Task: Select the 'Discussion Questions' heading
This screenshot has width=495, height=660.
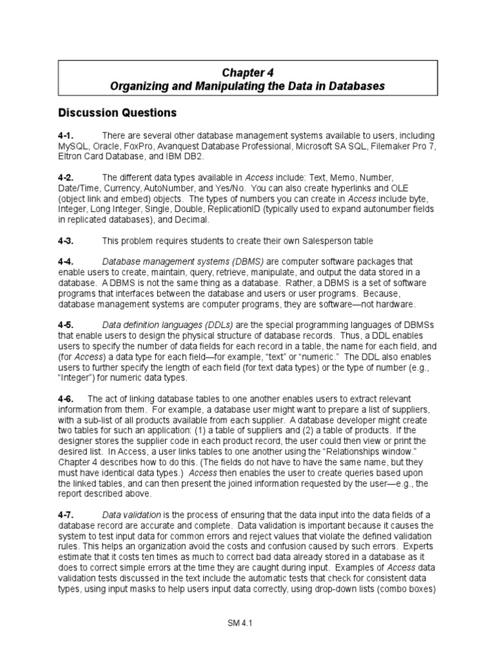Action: [x=117, y=113]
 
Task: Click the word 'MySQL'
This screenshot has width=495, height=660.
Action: [x=73, y=146]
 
